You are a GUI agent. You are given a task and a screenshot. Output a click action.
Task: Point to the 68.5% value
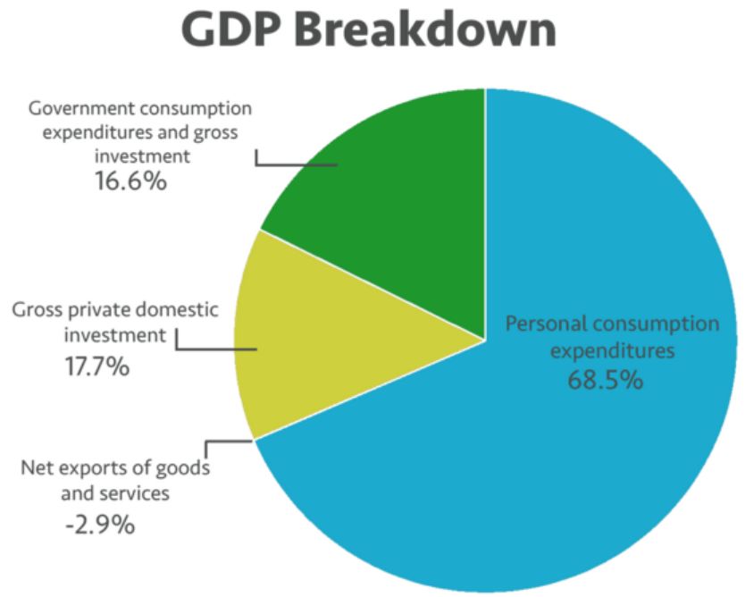click(x=605, y=379)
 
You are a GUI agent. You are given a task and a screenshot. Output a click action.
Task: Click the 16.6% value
click(x=130, y=181)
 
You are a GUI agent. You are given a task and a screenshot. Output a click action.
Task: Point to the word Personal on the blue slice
click(x=545, y=323)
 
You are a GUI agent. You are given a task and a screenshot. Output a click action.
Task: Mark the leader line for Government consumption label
click(x=295, y=164)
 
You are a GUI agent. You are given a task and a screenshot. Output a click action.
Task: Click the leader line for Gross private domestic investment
click(x=214, y=349)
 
